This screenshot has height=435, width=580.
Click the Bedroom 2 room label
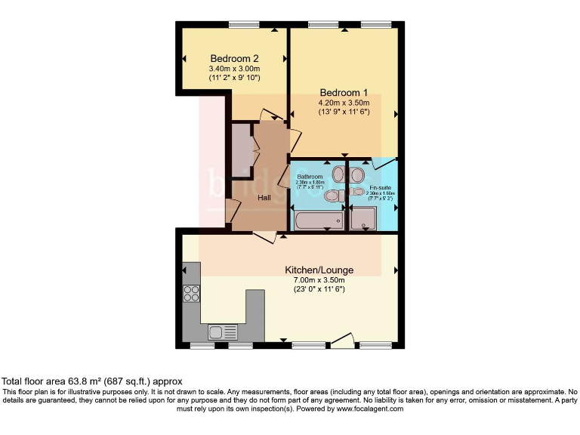234,59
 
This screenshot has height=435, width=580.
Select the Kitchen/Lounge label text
319,270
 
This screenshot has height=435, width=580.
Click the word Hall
264,198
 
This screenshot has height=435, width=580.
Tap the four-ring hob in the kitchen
191,293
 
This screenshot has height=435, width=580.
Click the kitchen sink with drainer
222,331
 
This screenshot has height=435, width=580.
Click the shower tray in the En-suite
365,218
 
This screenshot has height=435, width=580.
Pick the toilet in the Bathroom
332,196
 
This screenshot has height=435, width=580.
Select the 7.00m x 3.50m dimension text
319,280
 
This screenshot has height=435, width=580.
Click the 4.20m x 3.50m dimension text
343,103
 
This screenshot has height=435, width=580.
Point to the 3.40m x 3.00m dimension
234,69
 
